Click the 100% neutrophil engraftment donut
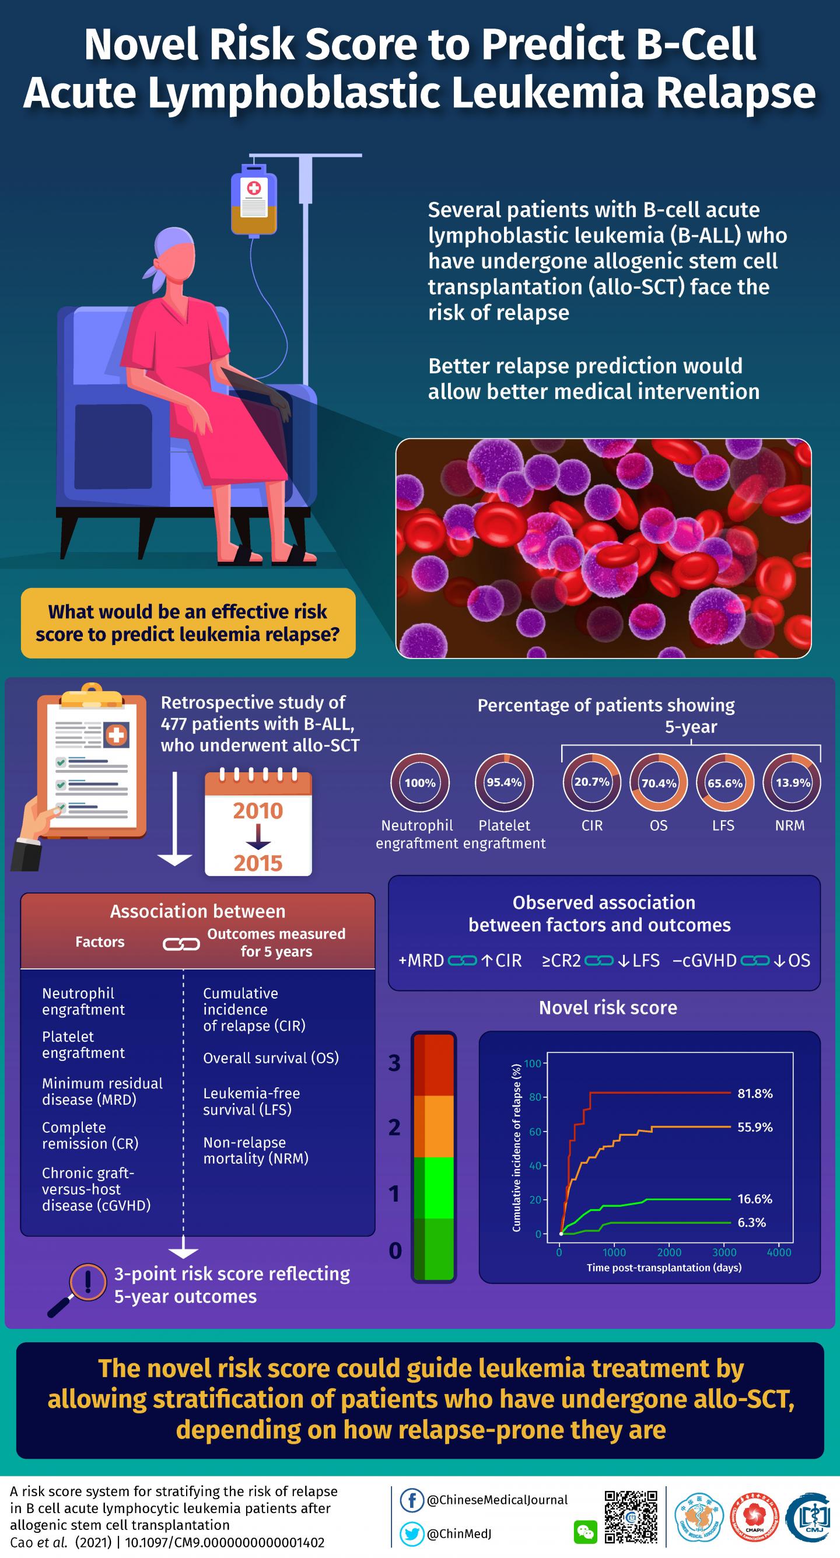pyautogui.click(x=419, y=783)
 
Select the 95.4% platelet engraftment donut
pyautogui.click(x=504, y=783)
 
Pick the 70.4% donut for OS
pyautogui.click(x=659, y=783)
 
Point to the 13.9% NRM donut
pyautogui.click(x=792, y=783)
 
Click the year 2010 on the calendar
pyautogui.click(x=258, y=810)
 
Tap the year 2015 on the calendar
pyautogui.click(x=258, y=863)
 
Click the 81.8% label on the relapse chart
pyautogui.click(x=755, y=1094)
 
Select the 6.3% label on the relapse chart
pyautogui.click(x=751, y=1223)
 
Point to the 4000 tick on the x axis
pyautogui.click(x=779, y=1252)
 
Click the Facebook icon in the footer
pyautogui.click(x=412, y=1500)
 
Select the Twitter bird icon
pyautogui.click(x=412, y=1534)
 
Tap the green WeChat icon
pyautogui.click(x=585, y=1532)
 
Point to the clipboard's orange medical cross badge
pyautogui.click(x=116, y=736)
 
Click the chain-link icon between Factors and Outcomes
pyautogui.click(x=181, y=944)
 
